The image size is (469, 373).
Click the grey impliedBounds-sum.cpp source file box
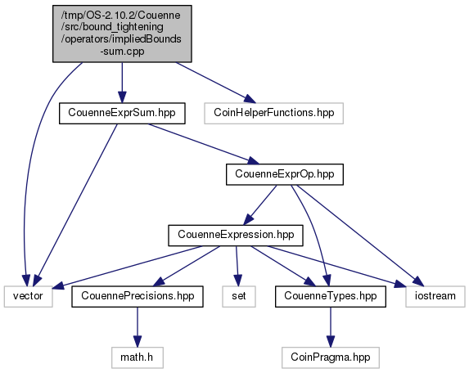pyautogui.click(x=122, y=34)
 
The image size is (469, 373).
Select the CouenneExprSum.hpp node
pyautogui.click(x=122, y=113)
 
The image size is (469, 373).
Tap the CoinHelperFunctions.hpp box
pyautogui.click(x=273, y=113)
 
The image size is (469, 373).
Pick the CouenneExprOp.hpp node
pyautogui.click(x=285, y=174)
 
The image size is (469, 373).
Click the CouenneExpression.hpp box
pyautogui.click(x=236, y=236)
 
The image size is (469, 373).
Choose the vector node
pyautogui.click(x=29, y=296)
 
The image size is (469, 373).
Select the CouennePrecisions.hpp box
pyautogui.click(x=138, y=296)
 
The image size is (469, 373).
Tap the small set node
pyautogui.click(x=239, y=296)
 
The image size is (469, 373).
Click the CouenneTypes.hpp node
pyautogui.click(x=331, y=296)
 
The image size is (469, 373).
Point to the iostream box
pyautogui.click(x=435, y=296)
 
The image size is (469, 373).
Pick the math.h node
pyautogui.click(x=138, y=357)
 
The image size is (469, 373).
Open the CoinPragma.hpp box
pyautogui.click(x=331, y=357)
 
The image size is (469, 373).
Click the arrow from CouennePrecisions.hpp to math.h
pyautogui.click(x=138, y=327)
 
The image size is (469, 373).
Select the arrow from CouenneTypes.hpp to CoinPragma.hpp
pyautogui.click(x=331, y=327)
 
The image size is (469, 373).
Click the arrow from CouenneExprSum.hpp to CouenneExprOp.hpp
pyautogui.click(x=204, y=144)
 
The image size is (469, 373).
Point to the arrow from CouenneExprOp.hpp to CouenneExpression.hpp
pyautogui.click(x=259, y=205)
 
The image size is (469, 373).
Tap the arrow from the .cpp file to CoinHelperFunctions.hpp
pyautogui.click(x=215, y=83)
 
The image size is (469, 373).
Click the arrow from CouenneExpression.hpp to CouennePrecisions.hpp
pyautogui.click(x=187, y=266)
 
